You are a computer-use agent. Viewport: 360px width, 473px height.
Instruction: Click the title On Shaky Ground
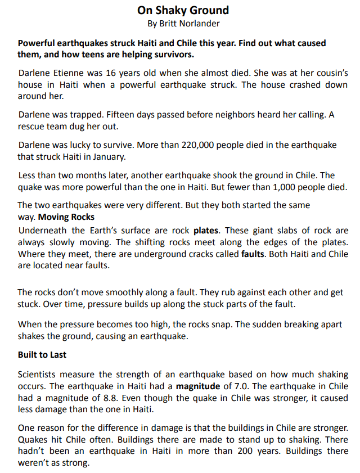pos(183,10)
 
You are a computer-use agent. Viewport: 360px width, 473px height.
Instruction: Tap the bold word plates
pos(206,231)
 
